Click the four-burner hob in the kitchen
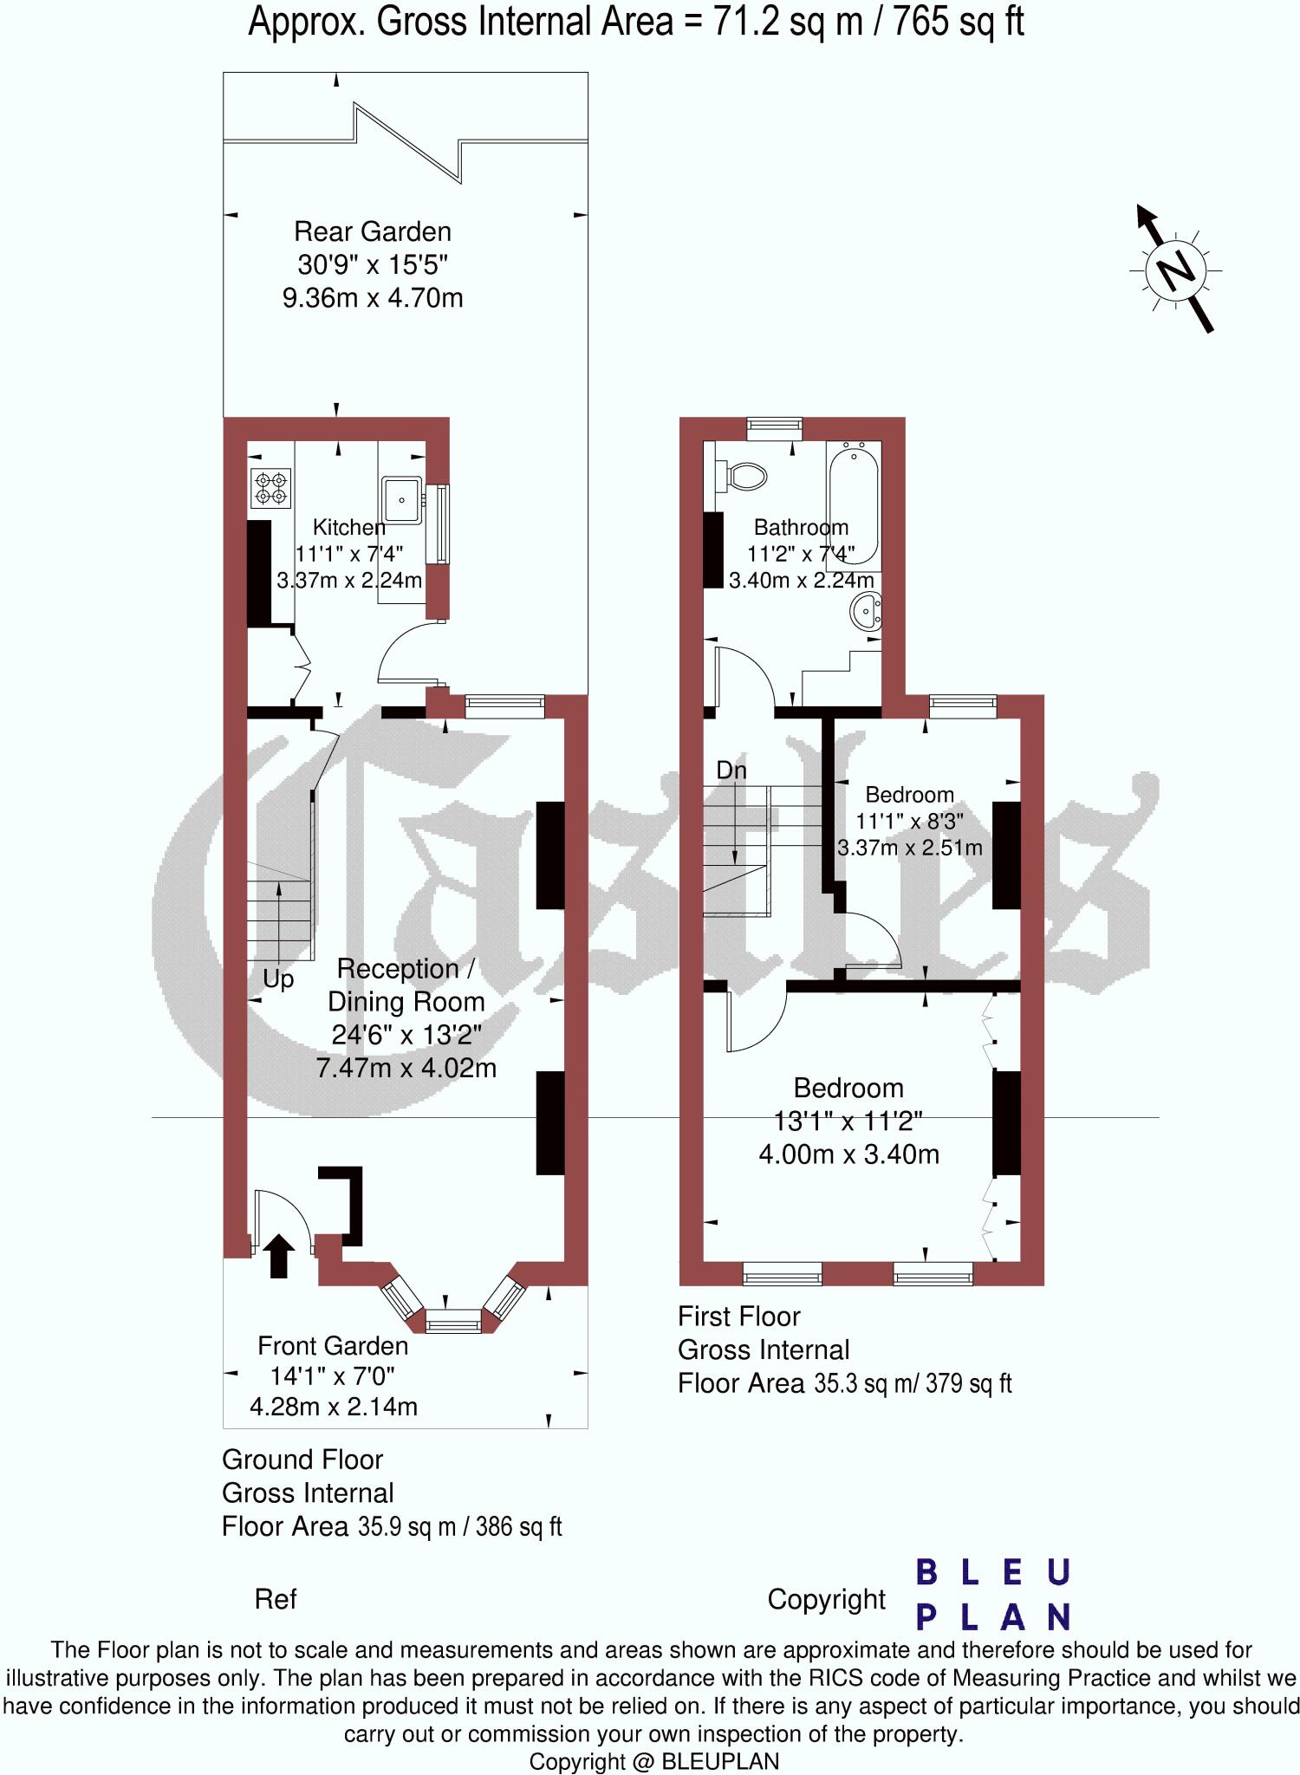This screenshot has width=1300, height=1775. pos(270,487)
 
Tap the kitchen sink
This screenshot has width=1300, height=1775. pos(401,500)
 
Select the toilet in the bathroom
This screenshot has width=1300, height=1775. pos(744,475)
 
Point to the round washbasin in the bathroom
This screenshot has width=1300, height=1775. pos(866,612)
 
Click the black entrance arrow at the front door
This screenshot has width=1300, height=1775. pos(278,1256)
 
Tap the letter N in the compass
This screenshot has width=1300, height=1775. pos(1175,270)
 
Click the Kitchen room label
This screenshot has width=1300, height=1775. pos(348,527)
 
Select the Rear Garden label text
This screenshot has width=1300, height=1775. pos(373,231)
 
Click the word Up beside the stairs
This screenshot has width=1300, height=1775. pos(278,979)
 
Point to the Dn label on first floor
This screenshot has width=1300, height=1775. pos(731,770)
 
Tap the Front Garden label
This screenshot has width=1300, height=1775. pos(333,1345)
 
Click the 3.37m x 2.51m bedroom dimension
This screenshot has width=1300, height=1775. pos(910,847)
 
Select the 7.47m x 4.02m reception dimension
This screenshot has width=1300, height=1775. pos(406,1067)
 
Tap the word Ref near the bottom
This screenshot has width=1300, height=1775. pos(276,1599)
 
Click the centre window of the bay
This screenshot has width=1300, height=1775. pos(452,1323)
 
